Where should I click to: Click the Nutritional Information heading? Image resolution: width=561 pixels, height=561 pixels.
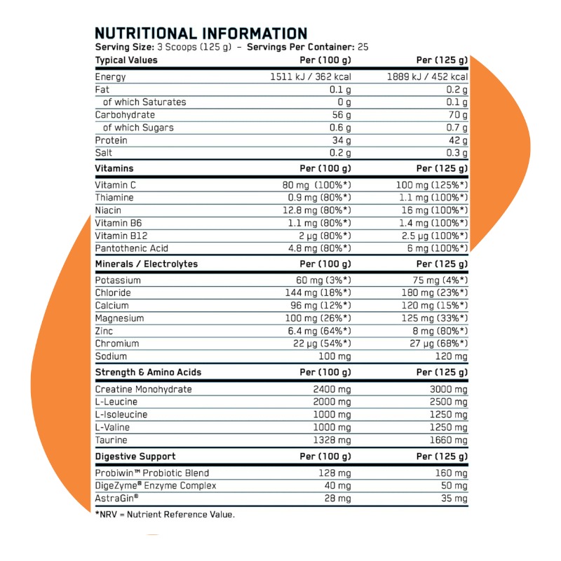point(201,34)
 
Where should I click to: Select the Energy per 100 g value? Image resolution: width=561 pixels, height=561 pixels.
point(311,77)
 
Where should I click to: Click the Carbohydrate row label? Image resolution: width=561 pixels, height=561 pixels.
point(125,115)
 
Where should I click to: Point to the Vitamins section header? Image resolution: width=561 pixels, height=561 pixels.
point(114,168)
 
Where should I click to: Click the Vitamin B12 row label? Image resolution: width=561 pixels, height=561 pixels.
point(121,236)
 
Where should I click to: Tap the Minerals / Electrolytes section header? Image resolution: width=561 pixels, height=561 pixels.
point(146,264)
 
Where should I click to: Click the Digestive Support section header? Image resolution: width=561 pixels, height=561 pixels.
point(135,456)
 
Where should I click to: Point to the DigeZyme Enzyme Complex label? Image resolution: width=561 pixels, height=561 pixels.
point(156,486)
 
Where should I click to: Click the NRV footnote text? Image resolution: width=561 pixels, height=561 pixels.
point(164,515)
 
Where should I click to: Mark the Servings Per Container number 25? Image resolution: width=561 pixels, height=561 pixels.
point(363,47)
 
